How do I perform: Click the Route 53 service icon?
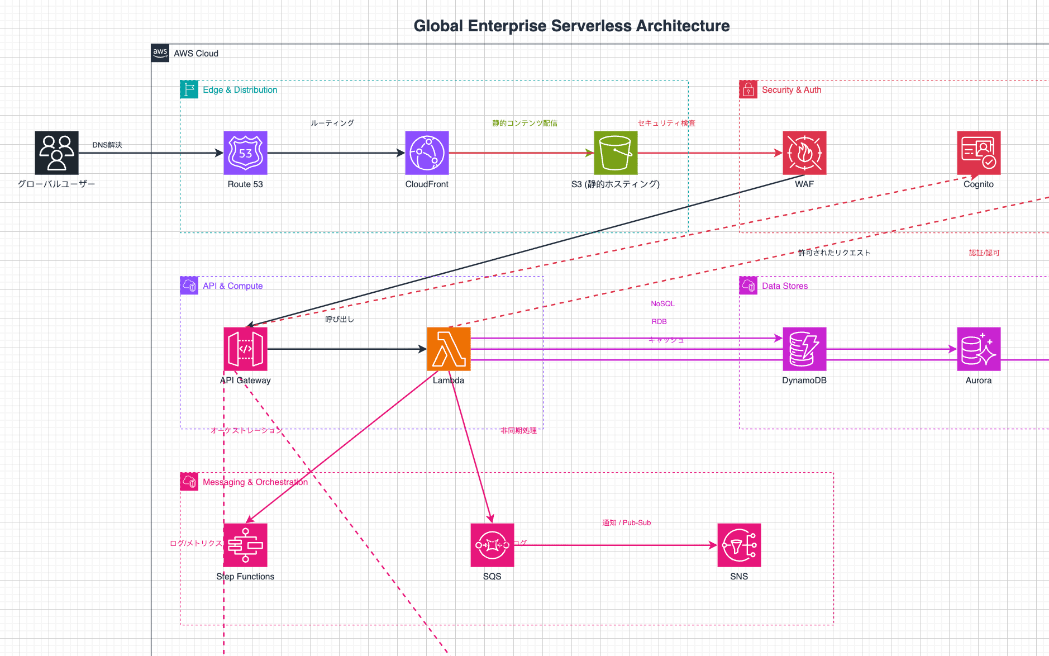pyautogui.click(x=245, y=153)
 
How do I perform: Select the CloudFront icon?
pyautogui.click(x=427, y=153)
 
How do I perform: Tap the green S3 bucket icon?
pyautogui.click(x=616, y=153)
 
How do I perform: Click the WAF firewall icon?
pyautogui.click(x=804, y=153)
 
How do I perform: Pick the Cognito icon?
pyautogui.click(x=979, y=153)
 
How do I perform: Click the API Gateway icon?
pyautogui.click(x=245, y=349)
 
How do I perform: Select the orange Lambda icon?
pyautogui.click(x=449, y=349)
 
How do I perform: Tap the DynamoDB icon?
pyautogui.click(x=804, y=349)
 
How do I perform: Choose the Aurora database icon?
pyautogui.click(x=979, y=349)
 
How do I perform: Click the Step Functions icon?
pyautogui.click(x=245, y=545)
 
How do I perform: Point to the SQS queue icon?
pyautogui.click(x=492, y=545)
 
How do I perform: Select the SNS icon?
pyautogui.click(x=739, y=545)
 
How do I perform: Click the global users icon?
pyautogui.click(x=56, y=153)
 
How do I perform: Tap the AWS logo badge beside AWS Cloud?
pyautogui.click(x=160, y=53)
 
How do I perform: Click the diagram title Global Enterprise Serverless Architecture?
pyautogui.click(x=571, y=26)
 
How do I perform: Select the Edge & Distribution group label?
pyautogui.click(x=240, y=90)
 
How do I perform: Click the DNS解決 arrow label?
pyautogui.click(x=107, y=145)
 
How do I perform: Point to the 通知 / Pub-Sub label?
pyautogui.click(x=626, y=523)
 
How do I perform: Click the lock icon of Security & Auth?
pyautogui.click(x=748, y=90)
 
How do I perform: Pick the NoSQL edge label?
pyautogui.click(x=662, y=304)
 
